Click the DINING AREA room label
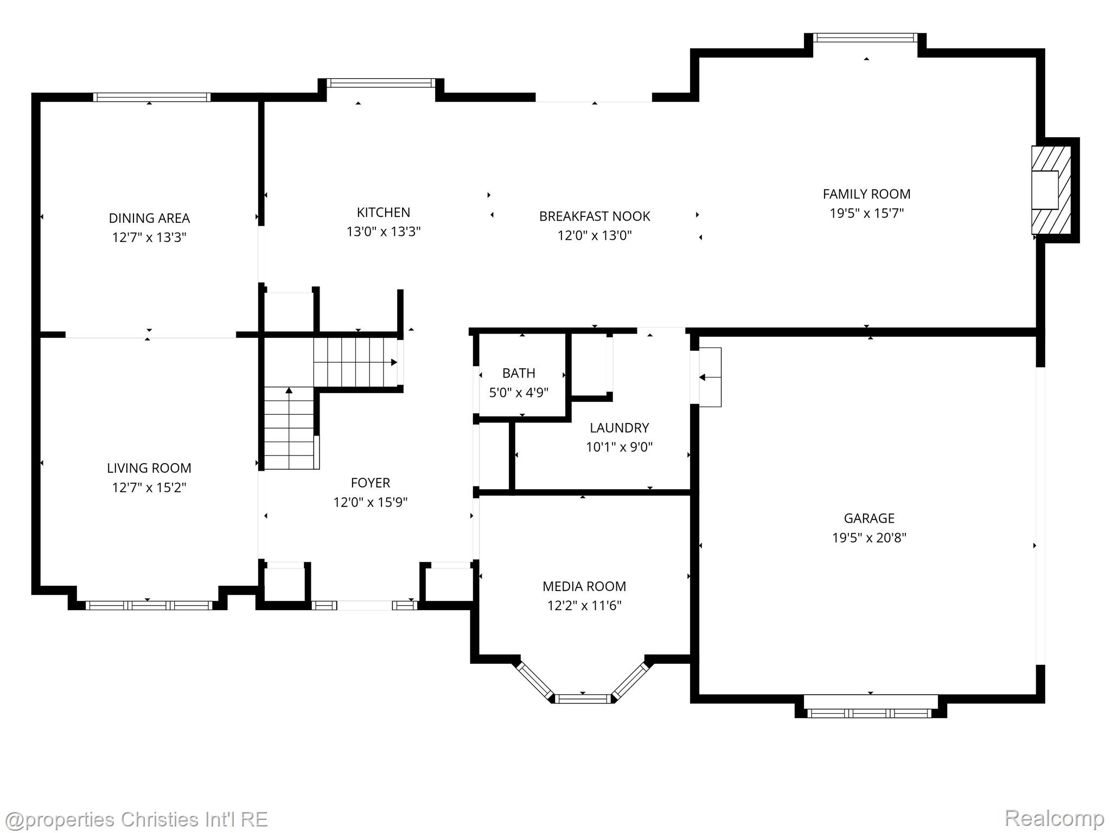[149, 218]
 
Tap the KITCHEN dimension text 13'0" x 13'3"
[384, 232]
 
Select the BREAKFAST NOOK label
[595, 216]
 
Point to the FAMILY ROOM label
[866, 194]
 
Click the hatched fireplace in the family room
[1051, 190]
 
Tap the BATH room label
[519, 373]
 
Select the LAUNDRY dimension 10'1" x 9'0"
[619, 447]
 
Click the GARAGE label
[869, 518]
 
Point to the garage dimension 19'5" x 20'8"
[869, 538]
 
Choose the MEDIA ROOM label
[584, 586]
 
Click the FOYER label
[371, 483]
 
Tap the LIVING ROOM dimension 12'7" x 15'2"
[149, 488]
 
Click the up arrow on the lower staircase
[289, 390]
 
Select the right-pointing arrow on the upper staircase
[394, 362]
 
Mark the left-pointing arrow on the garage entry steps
[702, 377]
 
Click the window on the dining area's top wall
[152, 97]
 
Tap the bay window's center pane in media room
[583, 699]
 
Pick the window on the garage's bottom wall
[870, 713]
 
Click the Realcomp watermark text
[1054, 818]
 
